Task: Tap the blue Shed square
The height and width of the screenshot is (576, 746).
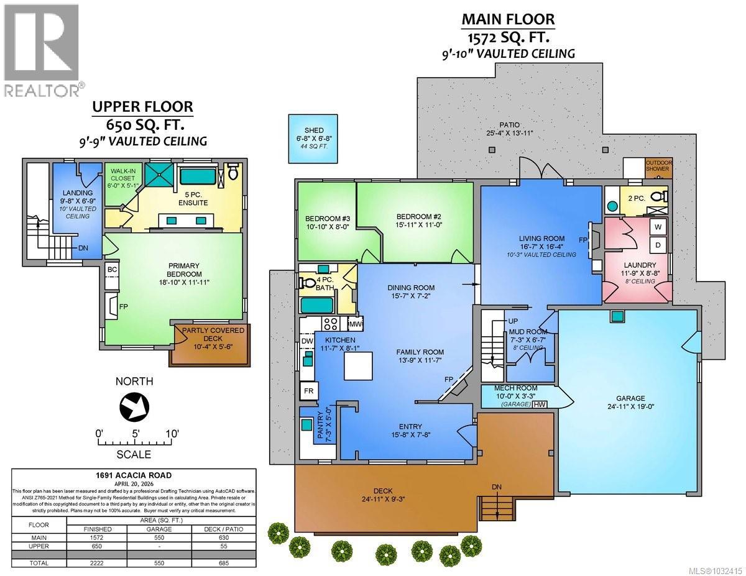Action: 308,139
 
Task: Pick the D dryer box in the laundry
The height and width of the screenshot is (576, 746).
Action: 656,245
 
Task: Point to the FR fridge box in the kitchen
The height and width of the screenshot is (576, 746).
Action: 308,391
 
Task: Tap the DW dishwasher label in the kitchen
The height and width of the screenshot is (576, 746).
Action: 306,341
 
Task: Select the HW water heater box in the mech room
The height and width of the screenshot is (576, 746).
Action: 541,404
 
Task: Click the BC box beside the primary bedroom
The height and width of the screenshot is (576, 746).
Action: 113,269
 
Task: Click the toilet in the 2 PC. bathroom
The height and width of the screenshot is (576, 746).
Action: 659,197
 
